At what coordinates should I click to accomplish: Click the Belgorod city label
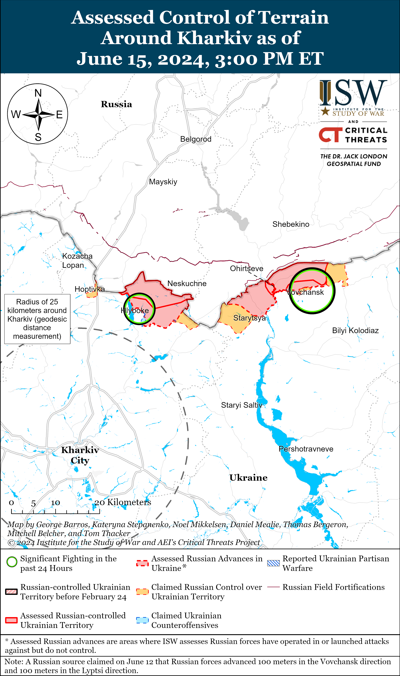pos(196,139)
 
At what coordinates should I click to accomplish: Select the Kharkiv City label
pos(80,455)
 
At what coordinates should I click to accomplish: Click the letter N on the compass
pos(38,93)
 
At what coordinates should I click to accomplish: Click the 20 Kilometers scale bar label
pos(123,502)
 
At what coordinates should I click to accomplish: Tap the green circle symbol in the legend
pos(12,562)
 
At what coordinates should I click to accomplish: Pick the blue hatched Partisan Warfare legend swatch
pos(273,563)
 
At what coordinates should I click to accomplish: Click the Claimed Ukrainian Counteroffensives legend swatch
pos(142,620)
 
